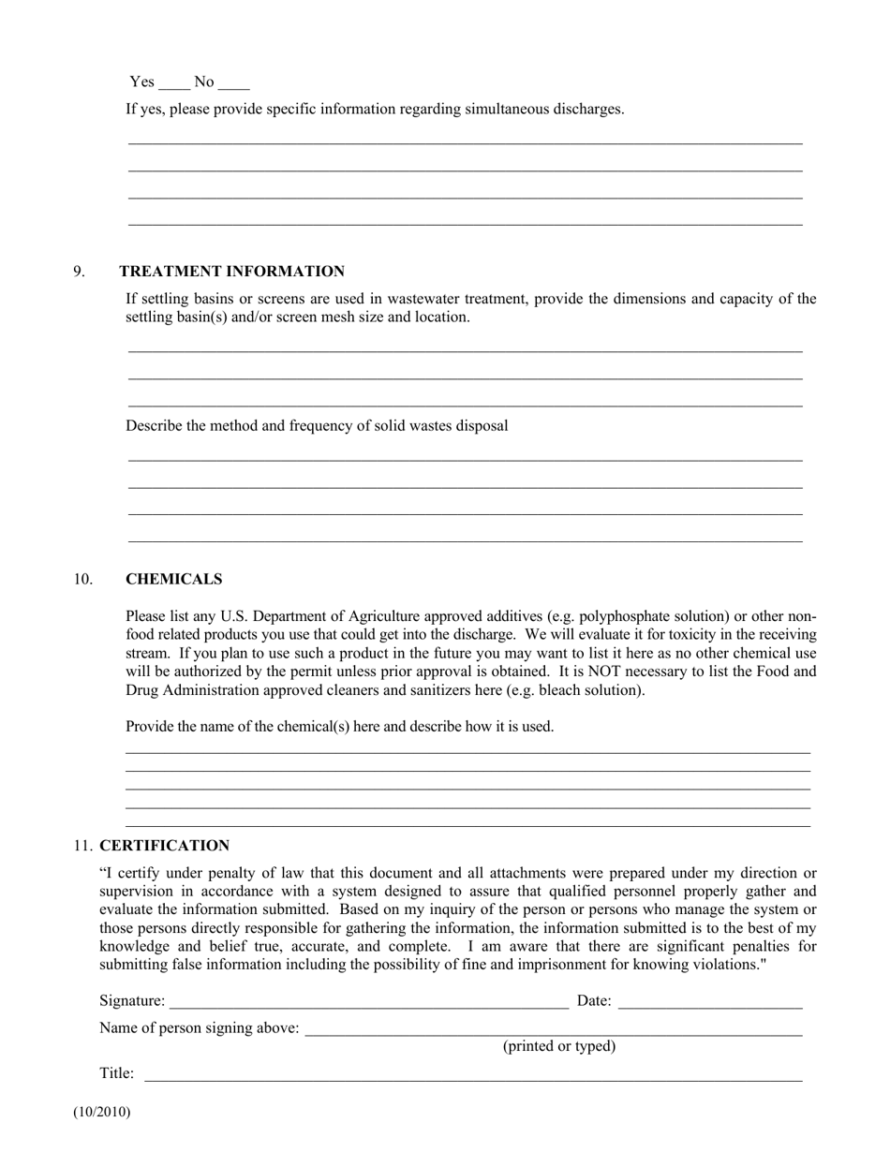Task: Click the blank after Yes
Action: (174, 83)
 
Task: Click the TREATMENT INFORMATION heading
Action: (231, 272)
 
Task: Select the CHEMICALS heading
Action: (173, 580)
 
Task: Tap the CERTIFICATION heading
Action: (164, 846)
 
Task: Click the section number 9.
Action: (79, 272)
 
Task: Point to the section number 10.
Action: (82, 580)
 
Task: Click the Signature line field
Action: (368, 1002)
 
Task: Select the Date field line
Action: (710, 1002)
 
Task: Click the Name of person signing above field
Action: (553, 1029)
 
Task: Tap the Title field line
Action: (473, 1074)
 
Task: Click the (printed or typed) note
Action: (559, 1046)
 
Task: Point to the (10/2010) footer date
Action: (101, 1113)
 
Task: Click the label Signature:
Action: (132, 1001)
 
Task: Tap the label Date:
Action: (594, 1001)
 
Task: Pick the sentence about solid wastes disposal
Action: (317, 426)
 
